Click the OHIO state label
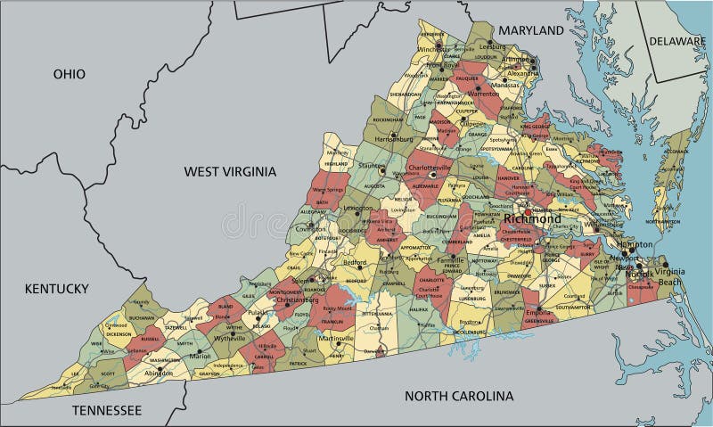[69, 74]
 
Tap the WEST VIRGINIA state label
[230, 171]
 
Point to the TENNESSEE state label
[107, 410]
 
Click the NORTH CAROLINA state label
[459, 396]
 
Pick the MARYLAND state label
[531, 30]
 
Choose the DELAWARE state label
[677, 41]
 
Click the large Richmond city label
[532, 218]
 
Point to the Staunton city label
[370, 165]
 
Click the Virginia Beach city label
[671, 276]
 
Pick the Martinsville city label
[336, 339]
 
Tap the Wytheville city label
[229, 339]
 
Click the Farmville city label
[450, 260]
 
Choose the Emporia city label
[538, 313]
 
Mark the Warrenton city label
[484, 93]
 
